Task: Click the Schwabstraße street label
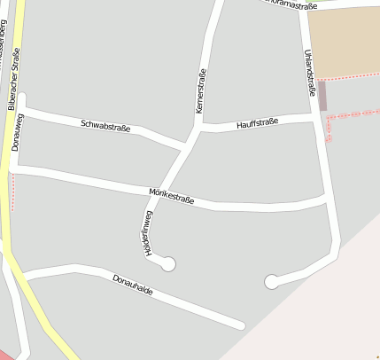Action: [x=105, y=127]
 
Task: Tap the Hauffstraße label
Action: [x=258, y=122]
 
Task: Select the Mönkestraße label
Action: [x=172, y=197]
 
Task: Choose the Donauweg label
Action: [x=18, y=132]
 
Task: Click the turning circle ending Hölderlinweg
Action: [x=167, y=263]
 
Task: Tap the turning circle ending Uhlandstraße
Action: [x=271, y=282]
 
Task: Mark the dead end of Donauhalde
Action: [x=241, y=325]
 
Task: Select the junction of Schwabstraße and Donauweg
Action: [x=22, y=111]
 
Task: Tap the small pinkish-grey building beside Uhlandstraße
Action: [x=322, y=95]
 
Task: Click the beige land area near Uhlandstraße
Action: [x=345, y=40]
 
